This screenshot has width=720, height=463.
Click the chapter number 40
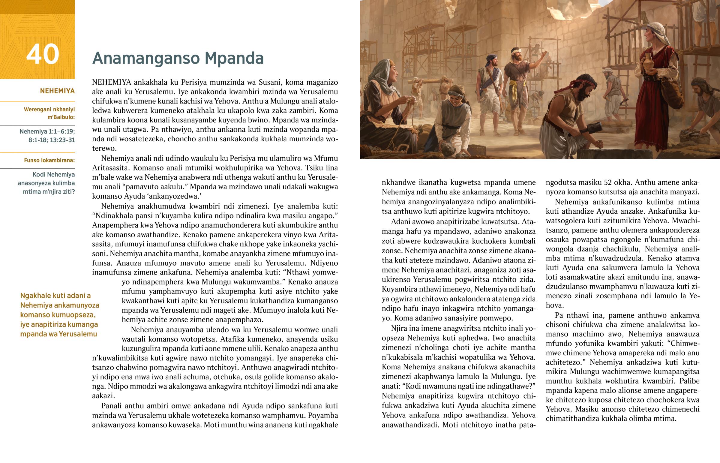(x=43, y=54)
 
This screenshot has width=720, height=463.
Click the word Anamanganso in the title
(x=146, y=58)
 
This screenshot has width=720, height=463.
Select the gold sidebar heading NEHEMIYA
(x=57, y=91)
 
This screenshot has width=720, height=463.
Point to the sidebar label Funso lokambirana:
(x=49, y=161)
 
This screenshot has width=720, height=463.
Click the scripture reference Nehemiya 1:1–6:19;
(x=47, y=131)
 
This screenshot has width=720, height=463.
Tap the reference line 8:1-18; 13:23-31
(x=51, y=140)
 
